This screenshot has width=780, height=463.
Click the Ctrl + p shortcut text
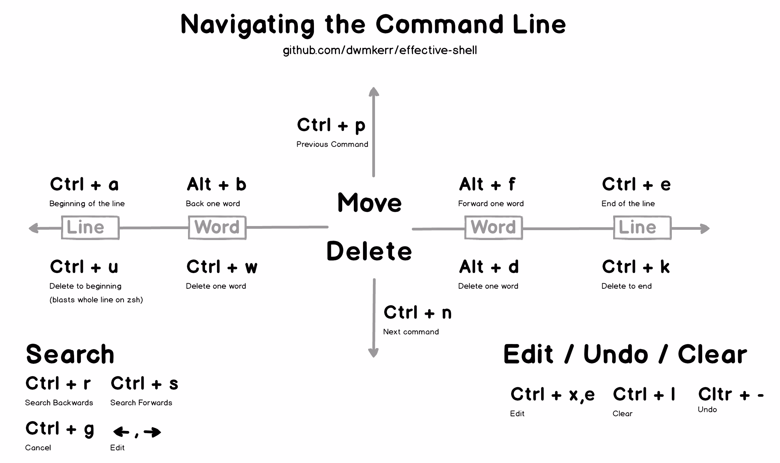[331, 125]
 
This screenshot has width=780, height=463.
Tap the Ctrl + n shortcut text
[417, 313]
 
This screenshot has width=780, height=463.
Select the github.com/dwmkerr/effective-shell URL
[380, 50]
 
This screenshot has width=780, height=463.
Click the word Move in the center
[369, 203]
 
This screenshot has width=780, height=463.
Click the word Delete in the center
[369, 251]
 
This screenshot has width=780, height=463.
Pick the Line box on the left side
[90, 227]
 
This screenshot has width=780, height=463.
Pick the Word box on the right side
[493, 227]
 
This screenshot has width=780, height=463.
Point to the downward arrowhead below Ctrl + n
[374, 353]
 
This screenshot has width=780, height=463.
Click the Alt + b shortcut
[216, 184]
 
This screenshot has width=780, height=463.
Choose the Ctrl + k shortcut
[636, 267]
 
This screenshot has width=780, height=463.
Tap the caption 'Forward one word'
[491, 204]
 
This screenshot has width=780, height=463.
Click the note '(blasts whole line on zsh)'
[96, 300]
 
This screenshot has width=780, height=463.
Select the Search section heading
[70, 355]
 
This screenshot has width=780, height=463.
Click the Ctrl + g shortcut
[59, 429]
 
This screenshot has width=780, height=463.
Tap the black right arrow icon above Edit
[152, 432]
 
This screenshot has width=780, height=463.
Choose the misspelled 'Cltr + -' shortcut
[731, 395]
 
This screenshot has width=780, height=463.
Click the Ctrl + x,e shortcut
[552, 395]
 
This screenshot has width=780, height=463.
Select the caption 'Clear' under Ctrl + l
[622, 414]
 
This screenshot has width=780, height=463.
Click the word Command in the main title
[439, 25]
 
